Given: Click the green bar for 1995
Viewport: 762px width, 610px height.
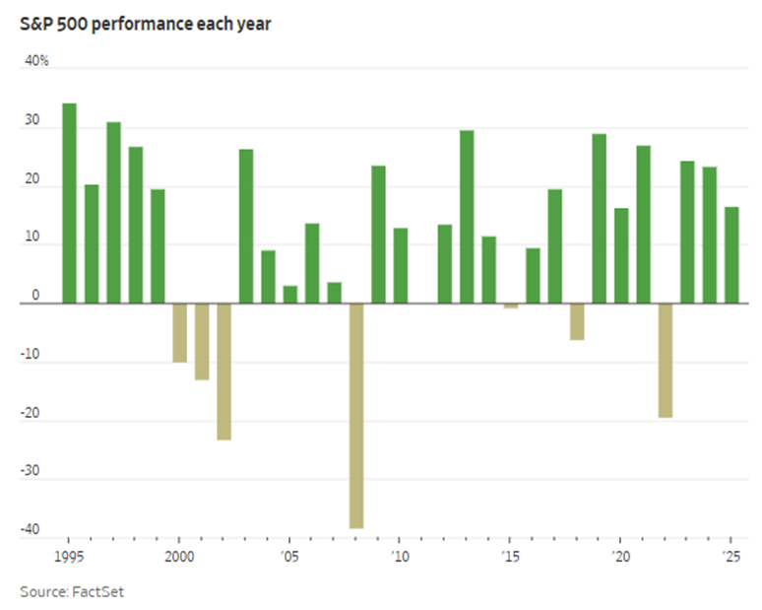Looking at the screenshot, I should click(x=69, y=203).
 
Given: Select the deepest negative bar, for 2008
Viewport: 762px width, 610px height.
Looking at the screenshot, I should click(x=356, y=415).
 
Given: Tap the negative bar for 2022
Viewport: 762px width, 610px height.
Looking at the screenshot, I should click(x=666, y=360).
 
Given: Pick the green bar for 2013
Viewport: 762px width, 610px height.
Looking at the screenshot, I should click(x=467, y=217).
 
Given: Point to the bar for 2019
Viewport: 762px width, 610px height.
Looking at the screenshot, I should click(x=599, y=218).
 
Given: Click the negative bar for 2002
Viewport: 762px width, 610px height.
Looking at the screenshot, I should click(x=223, y=371).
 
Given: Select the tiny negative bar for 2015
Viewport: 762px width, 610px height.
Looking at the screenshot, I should click(x=511, y=305).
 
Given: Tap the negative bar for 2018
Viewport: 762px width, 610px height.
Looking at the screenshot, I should click(x=577, y=321).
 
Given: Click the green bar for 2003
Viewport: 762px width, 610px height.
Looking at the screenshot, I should click(x=246, y=226).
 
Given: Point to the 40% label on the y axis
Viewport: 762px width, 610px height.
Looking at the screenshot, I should click(x=36, y=61).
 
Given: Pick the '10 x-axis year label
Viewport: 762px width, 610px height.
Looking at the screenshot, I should click(x=399, y=556).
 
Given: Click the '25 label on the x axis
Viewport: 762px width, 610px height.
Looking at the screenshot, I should click(x=730, y=556).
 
